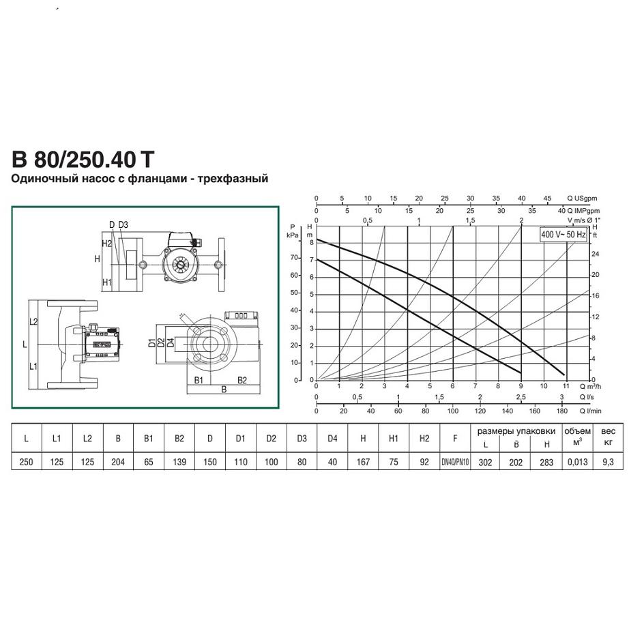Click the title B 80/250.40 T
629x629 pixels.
tap(83, 159)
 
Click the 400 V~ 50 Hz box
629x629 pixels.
tap(564, 234)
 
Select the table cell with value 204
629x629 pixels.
tap(118, 462)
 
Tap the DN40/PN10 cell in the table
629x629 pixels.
tap(455, 462)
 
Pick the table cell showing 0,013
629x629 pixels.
tap(577, 462)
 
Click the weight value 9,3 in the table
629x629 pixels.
tap(608, 462)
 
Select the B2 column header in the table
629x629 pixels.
tap(179, 439)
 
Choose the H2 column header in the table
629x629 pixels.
tap(424, 439)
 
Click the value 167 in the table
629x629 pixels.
tap(363, 462)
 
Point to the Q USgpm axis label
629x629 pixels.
tap(582, 198)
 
